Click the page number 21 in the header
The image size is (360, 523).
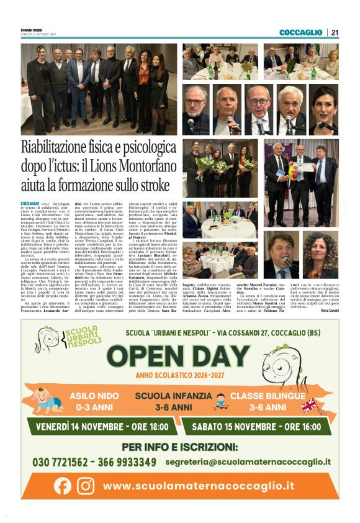coord(335,32)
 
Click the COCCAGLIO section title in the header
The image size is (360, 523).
coord(300,32)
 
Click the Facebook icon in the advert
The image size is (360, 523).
coord(63,485)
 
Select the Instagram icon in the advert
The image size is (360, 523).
coord(85,485)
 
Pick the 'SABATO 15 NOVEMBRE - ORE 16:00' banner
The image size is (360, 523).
coord(260,427)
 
